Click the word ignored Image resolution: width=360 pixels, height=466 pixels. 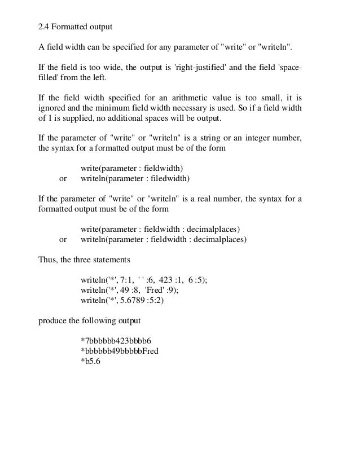pos(52,111)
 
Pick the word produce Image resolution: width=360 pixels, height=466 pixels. pos(52,322)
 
